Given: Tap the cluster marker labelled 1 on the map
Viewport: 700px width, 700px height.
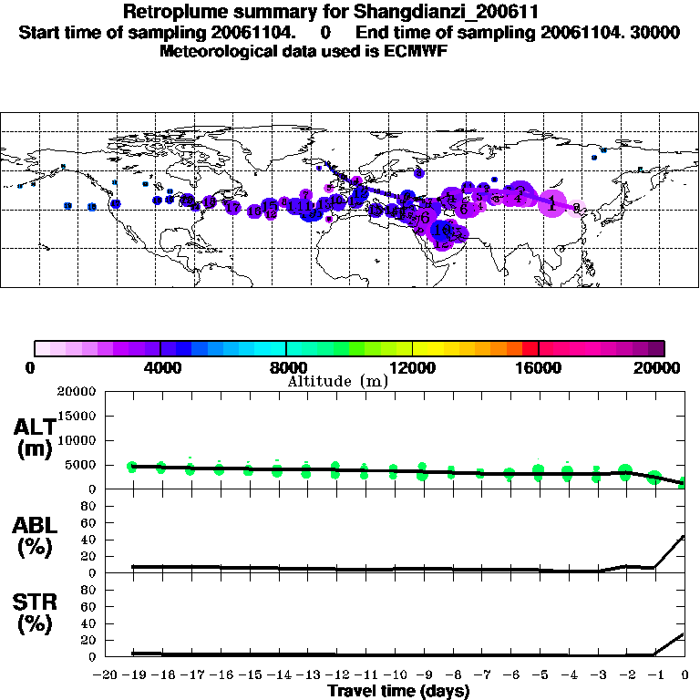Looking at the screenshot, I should pyautogui.click(x=551, y=203).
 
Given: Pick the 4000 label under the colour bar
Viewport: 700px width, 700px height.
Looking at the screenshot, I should pyautogui.click(x=160, y=367).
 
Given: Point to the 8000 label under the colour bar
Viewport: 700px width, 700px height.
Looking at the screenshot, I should pyautogui.click(x=286, y=367).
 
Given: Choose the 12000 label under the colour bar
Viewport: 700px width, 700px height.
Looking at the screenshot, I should pyautogui.click(x=412, y=367).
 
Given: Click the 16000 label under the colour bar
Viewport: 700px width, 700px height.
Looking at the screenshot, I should pyautogui.click(x=539, y=367).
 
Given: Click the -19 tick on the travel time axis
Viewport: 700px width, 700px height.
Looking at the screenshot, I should pyautogui.click(x=133, y=674).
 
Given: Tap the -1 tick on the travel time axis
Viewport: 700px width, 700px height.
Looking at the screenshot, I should pyautogui.click(x=654, y=674).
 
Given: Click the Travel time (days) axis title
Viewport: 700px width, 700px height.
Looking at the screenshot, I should pyautogui.click(x=398, y=691).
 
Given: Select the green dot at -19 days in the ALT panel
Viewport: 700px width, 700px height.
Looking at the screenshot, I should pyautogui.click(x=132, y=467).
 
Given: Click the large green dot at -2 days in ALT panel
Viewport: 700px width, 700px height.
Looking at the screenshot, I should pyautogui.click(x=625, y=472).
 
